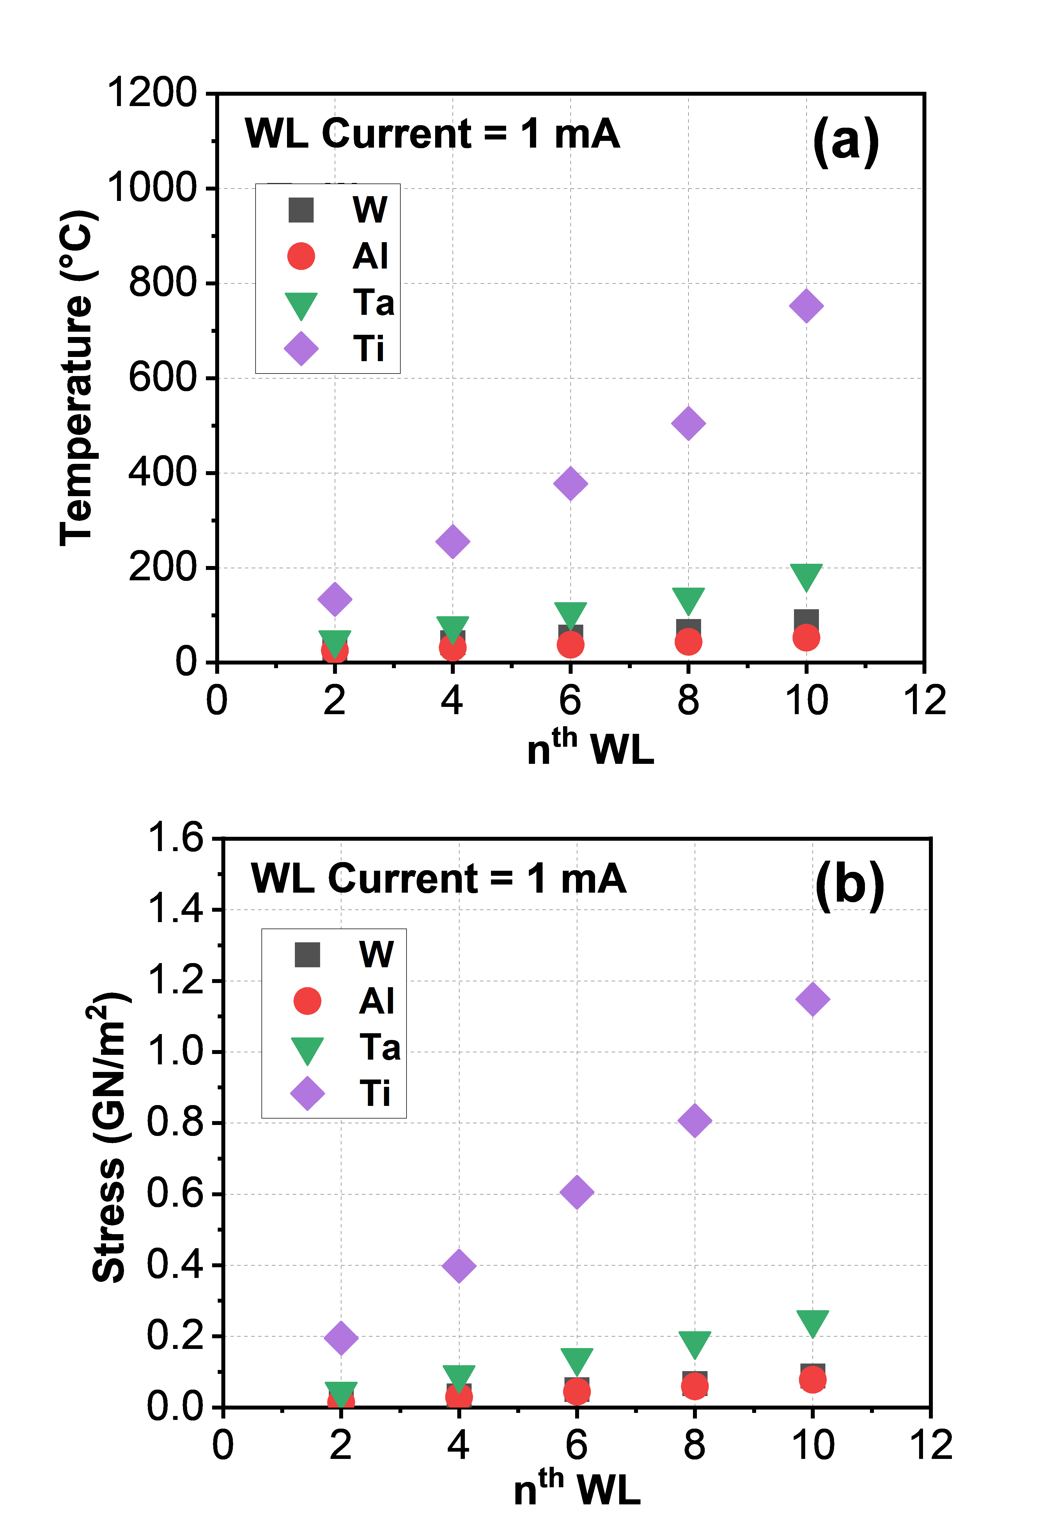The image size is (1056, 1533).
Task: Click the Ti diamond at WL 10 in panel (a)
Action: coord(806,306)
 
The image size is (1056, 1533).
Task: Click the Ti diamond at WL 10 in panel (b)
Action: coord(812,998)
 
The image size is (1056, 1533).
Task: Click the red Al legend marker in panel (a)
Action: coord(301,256)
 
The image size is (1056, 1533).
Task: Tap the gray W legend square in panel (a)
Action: coord(301,210)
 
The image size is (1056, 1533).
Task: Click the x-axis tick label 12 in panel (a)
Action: coord(924,700)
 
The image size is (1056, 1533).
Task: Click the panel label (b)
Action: coord(850,885)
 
